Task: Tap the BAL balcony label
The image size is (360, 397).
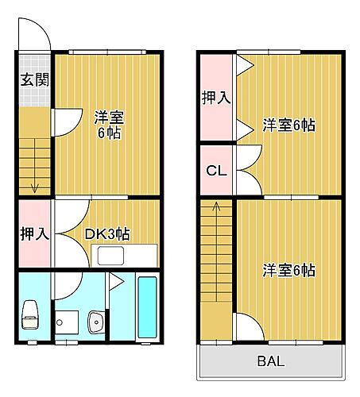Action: [270, 363]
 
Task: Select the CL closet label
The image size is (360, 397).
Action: [215, 169]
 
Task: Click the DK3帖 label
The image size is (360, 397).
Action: [107, 234]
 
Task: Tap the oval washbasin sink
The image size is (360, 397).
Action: [97, 323]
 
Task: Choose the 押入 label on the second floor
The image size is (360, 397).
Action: [215, 98]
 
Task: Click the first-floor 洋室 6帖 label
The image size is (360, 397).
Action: [107, 125]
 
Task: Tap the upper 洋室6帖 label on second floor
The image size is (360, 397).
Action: [289, 125]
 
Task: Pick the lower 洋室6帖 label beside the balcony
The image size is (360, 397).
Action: [289, 271]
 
